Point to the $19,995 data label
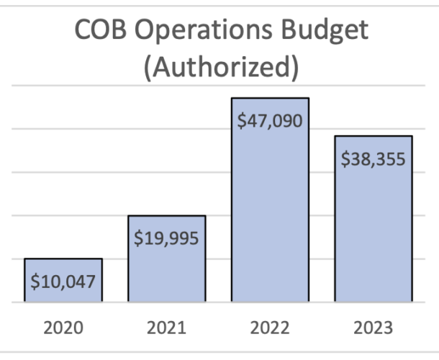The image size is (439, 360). point(166,238)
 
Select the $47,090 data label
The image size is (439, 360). point(270,120)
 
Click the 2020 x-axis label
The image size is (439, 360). point(63,328)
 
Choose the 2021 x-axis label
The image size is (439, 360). point(166,328)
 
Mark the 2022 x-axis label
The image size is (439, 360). point(270,328)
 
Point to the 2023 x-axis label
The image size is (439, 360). point(373,328)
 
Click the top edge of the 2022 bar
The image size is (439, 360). point(270,98)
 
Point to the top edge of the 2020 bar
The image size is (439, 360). point(63,258)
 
